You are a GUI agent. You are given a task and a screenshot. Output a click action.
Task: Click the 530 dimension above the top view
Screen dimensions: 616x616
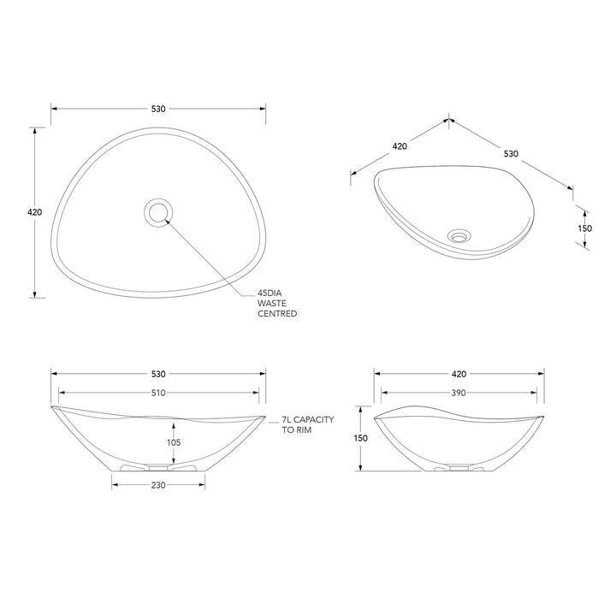click(157, 109)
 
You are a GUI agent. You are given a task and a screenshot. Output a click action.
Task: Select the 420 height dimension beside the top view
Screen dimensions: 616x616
click(35, 212)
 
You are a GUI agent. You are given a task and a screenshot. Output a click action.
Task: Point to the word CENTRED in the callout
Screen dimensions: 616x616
click(277, 314)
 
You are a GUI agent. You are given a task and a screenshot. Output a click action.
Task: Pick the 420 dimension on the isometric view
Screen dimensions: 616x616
click(400, 145)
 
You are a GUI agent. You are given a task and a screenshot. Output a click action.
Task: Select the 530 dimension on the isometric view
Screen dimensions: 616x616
click(510, 154)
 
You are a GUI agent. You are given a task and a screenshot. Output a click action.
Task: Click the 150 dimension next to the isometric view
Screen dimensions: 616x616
click(584, 228)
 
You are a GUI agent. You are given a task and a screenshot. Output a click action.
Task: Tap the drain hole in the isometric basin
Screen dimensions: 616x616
click(460, 233)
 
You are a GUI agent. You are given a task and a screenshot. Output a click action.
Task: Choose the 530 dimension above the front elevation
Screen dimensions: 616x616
click(157, 374)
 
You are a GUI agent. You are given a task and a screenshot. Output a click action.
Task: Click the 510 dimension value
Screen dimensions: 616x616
click(157, 393)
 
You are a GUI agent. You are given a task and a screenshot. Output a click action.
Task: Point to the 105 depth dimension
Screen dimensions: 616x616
click(174, 442)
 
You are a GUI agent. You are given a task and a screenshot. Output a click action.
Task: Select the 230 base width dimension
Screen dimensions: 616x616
click(157, 485)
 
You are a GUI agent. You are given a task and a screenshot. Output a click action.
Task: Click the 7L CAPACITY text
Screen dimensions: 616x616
click(308, 420)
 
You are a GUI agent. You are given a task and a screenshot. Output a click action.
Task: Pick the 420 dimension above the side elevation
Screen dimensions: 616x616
click(459, 374)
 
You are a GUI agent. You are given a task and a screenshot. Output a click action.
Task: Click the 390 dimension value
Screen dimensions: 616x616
click(459, 393)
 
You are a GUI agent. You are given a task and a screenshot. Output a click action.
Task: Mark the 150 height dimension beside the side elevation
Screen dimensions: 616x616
click(360, 438)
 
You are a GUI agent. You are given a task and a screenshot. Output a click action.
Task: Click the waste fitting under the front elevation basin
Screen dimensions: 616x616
click(157, 468)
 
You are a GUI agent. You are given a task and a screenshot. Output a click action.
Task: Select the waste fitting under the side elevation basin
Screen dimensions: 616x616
click(459, 468)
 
